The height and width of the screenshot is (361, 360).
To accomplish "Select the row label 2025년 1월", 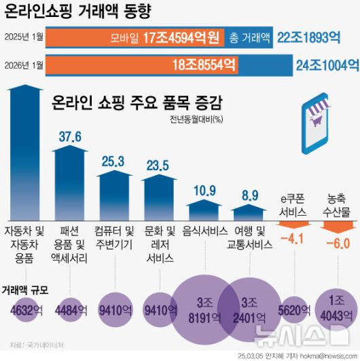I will tap(24, 39).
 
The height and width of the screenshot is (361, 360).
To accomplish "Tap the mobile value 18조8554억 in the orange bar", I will tap(204, 65).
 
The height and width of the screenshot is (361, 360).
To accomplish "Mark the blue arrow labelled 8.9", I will tap(250, 210).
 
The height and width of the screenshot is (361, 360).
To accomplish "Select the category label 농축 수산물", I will tap(338, 206).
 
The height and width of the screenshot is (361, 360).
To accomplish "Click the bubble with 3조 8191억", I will tap(202, 309).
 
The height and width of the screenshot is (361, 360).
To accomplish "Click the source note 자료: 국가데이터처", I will tap(31, 345).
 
